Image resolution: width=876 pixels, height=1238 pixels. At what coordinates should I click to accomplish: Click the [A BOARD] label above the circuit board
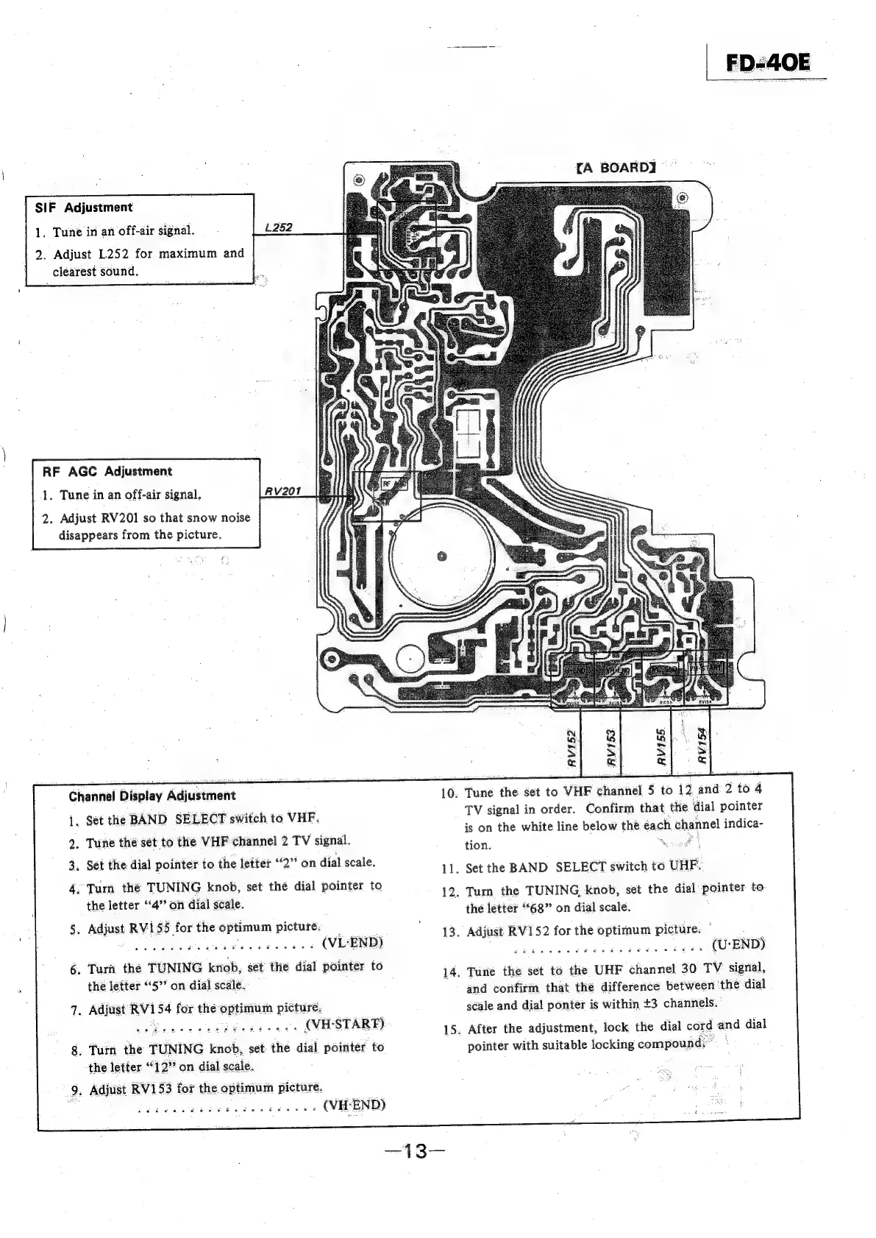[616, 167]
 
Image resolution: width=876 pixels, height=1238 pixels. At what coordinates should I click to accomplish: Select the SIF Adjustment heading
[84, 208]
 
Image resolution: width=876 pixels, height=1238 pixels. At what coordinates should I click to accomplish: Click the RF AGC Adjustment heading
[107, 471]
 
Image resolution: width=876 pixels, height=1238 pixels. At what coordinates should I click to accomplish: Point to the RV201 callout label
[279, 491]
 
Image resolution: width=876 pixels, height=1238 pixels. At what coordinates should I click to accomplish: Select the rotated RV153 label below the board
[610, 747]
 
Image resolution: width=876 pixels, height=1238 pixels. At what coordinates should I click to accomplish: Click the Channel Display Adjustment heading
[152, 796]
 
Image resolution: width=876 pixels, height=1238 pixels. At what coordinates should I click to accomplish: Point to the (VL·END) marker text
[354, 943]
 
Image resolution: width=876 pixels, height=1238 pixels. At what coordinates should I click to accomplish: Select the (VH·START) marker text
[344, 1024]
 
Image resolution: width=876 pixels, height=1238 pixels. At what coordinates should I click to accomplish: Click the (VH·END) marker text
[355, 1105]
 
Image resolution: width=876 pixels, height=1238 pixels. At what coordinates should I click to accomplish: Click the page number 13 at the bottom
[416, 1150]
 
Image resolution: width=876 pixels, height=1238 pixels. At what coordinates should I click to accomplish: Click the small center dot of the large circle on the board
[441, 556]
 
